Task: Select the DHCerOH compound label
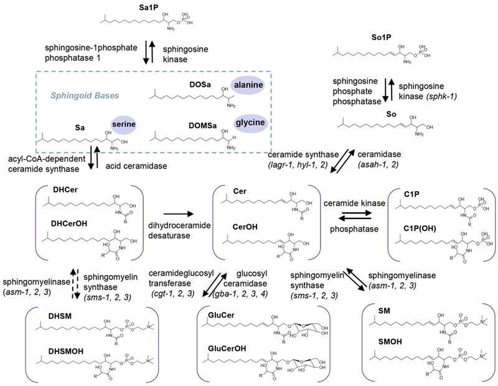click(60, 222)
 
